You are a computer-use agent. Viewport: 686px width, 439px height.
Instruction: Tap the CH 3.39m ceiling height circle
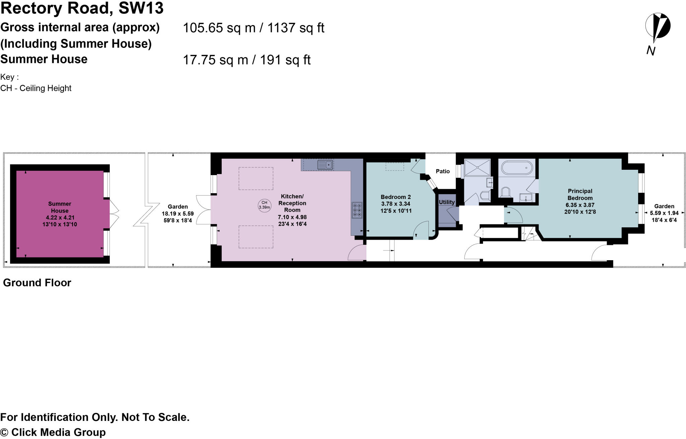264,205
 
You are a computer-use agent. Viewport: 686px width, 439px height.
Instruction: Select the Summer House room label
60,207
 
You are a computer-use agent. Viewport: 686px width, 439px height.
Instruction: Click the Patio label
442,171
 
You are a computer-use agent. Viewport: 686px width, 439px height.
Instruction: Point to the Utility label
447,202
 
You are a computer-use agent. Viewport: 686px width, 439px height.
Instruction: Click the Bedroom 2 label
396,197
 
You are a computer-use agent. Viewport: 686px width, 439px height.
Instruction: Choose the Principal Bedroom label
580,195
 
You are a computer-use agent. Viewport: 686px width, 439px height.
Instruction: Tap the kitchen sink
325,165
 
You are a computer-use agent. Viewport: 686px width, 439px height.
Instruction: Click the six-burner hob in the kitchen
357,210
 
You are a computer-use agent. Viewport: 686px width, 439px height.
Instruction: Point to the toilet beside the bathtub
505,192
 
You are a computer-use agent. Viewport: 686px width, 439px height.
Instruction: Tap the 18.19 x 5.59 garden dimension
178,214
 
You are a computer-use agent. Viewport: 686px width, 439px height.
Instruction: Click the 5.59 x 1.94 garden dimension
664,213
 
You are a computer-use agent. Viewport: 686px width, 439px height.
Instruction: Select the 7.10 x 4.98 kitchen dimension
292,217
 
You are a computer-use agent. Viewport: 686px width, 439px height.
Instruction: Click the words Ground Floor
37,283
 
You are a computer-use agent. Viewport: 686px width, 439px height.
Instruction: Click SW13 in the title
141,8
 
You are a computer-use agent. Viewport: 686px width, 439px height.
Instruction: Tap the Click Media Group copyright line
53,432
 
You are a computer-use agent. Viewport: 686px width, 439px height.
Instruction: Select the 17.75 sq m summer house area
215,60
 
